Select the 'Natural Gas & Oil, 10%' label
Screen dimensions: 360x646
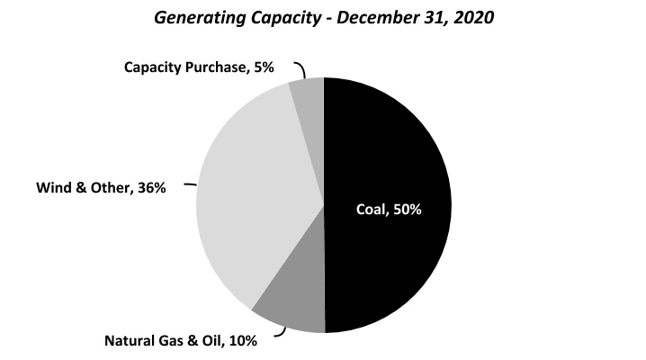click(181, 340)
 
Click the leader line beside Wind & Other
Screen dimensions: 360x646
click(190, 184)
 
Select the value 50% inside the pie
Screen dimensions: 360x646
click(405, 210)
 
